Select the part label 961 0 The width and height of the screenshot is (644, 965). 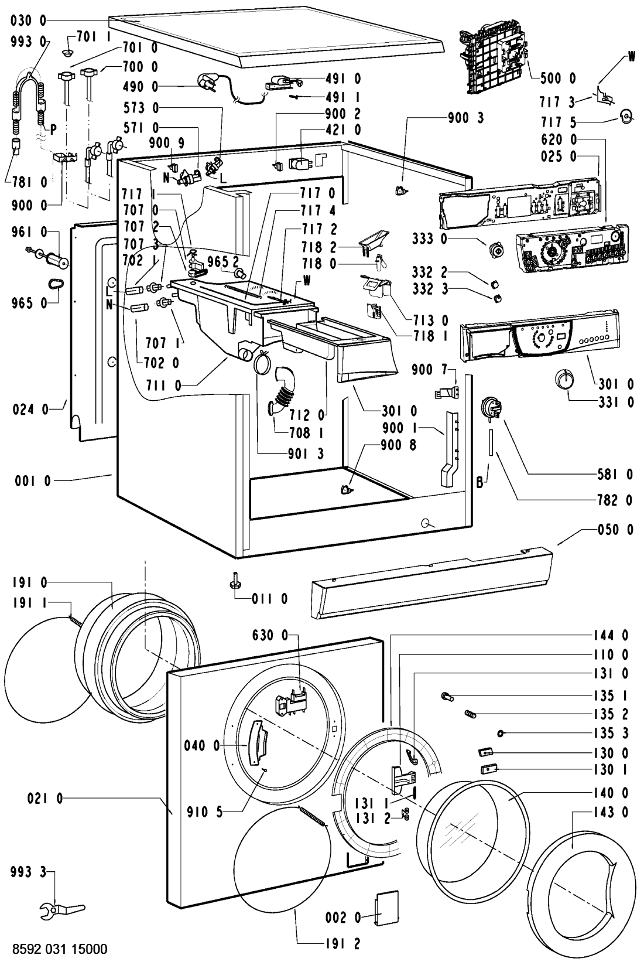coord(29,232)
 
